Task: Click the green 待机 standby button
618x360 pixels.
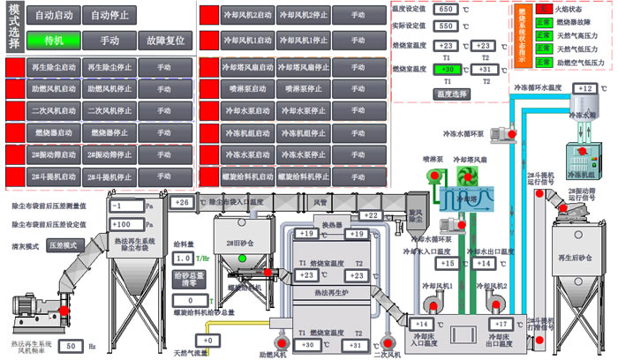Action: (x=53, y=41)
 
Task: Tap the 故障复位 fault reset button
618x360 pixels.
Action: (x=166, y=41)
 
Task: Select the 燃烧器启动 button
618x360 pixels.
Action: (x=53, y=132)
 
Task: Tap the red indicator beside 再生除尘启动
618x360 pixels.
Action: (x=16, y=67)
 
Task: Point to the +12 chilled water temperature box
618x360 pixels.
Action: (x=584, y=88)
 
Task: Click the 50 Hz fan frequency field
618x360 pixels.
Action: (x=73, y=346)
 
